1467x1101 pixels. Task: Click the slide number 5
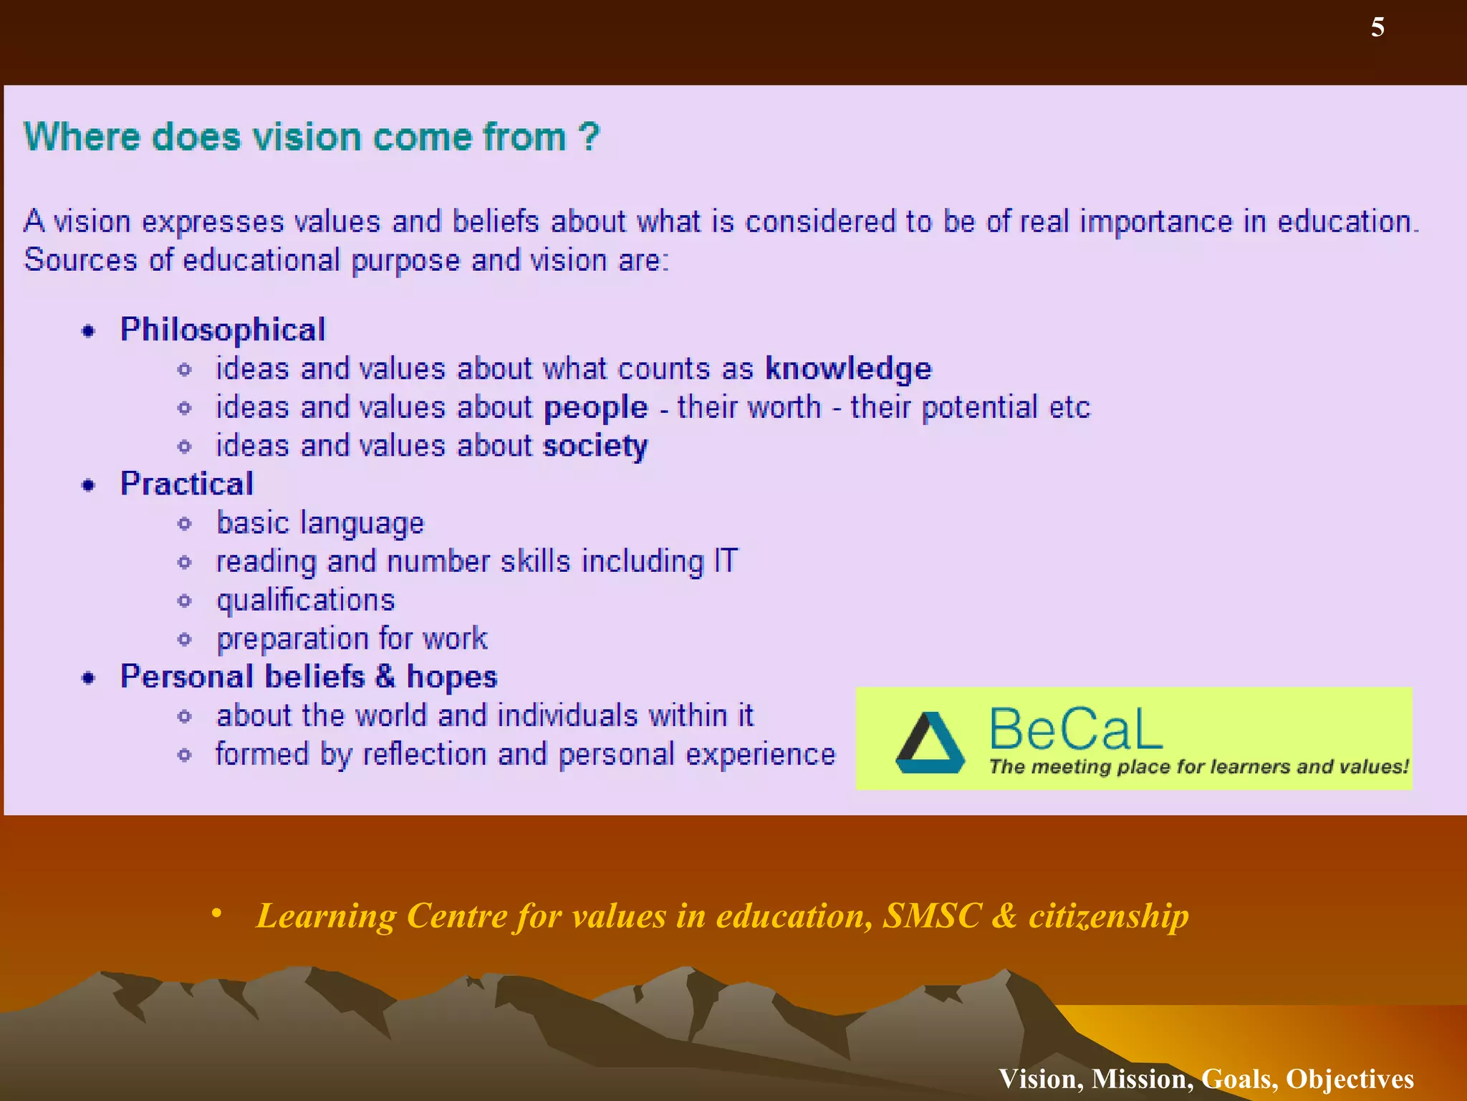tap(1377, 27)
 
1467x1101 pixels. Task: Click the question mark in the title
tap(589, 136)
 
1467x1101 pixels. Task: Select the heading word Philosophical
tap(222, 330)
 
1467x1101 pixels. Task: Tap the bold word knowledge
tap(848, 368)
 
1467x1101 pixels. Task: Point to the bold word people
tap(595, 408)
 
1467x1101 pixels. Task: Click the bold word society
tap(595, 446)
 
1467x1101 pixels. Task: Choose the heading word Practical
tap(186, 484)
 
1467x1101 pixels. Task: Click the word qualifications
tap(306, 600)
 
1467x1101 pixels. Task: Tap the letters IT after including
tap(725, 561)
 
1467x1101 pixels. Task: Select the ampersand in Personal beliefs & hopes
tap(385, 677)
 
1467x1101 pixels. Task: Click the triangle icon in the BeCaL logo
tap(929, 743)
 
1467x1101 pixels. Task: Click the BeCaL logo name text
tap(1074, 729)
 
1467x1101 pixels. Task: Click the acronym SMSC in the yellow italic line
tap(931, 915)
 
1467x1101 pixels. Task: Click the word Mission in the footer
tap(1142, 1079)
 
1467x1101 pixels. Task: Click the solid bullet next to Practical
tap(88, 485)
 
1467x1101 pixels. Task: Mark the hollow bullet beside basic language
tap(185, 524)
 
